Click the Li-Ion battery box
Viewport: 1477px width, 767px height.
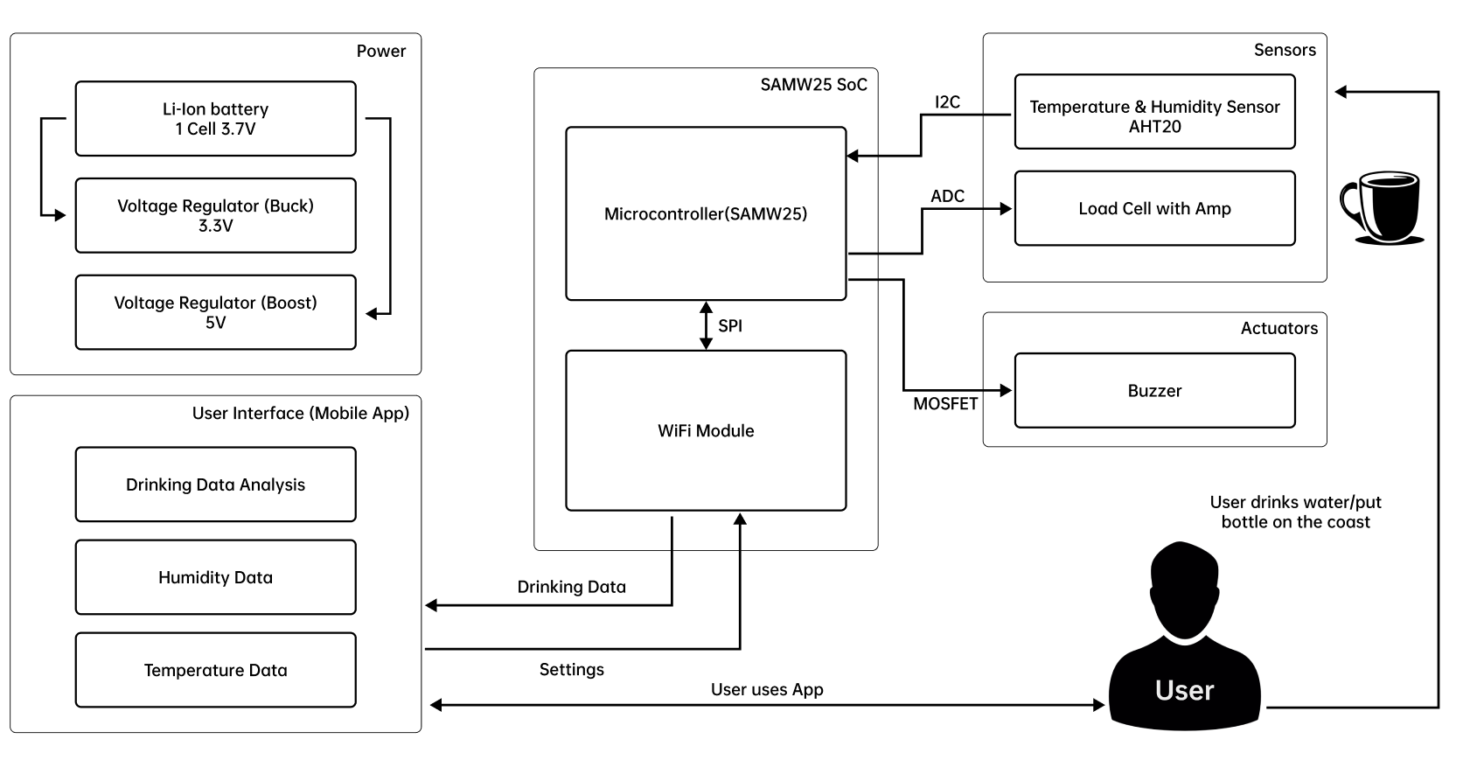pos(215,119)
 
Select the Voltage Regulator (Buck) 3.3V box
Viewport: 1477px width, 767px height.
pos(215,216)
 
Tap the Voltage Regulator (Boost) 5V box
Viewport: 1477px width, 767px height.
pos(215,312)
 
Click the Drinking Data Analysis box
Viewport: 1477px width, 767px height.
pos(215,485)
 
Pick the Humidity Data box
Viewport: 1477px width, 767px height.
pos(215,577)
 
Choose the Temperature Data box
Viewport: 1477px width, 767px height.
pos(215,670)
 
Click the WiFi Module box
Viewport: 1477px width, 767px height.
pos(706,430)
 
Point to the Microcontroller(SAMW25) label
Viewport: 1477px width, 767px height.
pos(706,214)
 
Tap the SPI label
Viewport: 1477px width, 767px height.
pos(730,326)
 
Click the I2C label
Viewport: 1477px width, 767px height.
pos(947,102)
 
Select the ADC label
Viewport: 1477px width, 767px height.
pos(947,196)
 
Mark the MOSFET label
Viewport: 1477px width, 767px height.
pos(945,404)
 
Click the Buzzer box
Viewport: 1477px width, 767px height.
pos(1154,391)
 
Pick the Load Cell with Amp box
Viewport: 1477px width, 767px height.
pos(1154,209)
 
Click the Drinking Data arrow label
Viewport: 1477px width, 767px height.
pos(571,587)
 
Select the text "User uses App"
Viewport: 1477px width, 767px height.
pos(767,689)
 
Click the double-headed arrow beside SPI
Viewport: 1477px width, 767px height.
pos(706,325)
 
